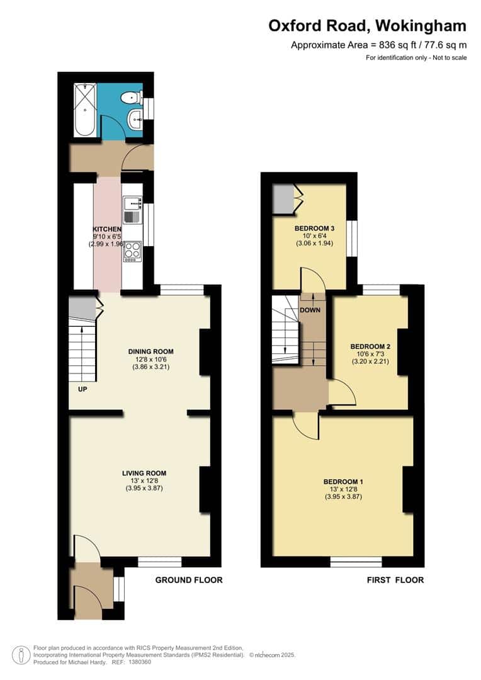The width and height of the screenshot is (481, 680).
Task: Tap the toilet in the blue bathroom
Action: [x=131, y=97]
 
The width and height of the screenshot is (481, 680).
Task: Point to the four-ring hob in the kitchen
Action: [x=132, y=251]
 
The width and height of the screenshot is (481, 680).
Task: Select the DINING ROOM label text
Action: [x=150, y=351]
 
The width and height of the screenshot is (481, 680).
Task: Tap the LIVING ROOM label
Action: [x=144, y=473]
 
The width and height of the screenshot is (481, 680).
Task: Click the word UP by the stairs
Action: [x=82, y=390]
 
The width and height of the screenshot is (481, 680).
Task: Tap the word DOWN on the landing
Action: [x=310, y=310]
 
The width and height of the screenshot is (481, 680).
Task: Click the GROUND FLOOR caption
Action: [x=189, y=580]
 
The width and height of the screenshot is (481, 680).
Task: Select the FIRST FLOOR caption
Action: [x=395, y=580]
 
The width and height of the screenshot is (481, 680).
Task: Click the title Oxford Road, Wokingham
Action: [x=368, y=26]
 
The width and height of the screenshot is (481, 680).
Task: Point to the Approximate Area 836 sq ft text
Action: [x=378, y=45]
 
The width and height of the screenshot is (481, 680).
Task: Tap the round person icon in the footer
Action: [x=21, y=654]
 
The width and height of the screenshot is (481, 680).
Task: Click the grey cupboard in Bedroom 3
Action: [x=283, y=200]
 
